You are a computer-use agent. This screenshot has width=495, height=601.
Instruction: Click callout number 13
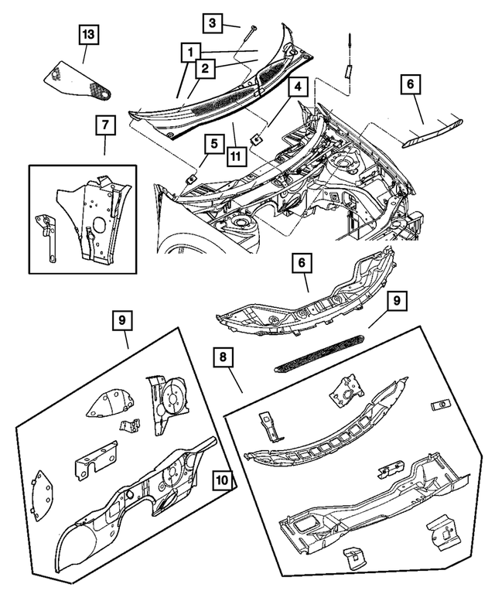[87, 35]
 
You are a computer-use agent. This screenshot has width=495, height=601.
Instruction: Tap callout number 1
[188, 53]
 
